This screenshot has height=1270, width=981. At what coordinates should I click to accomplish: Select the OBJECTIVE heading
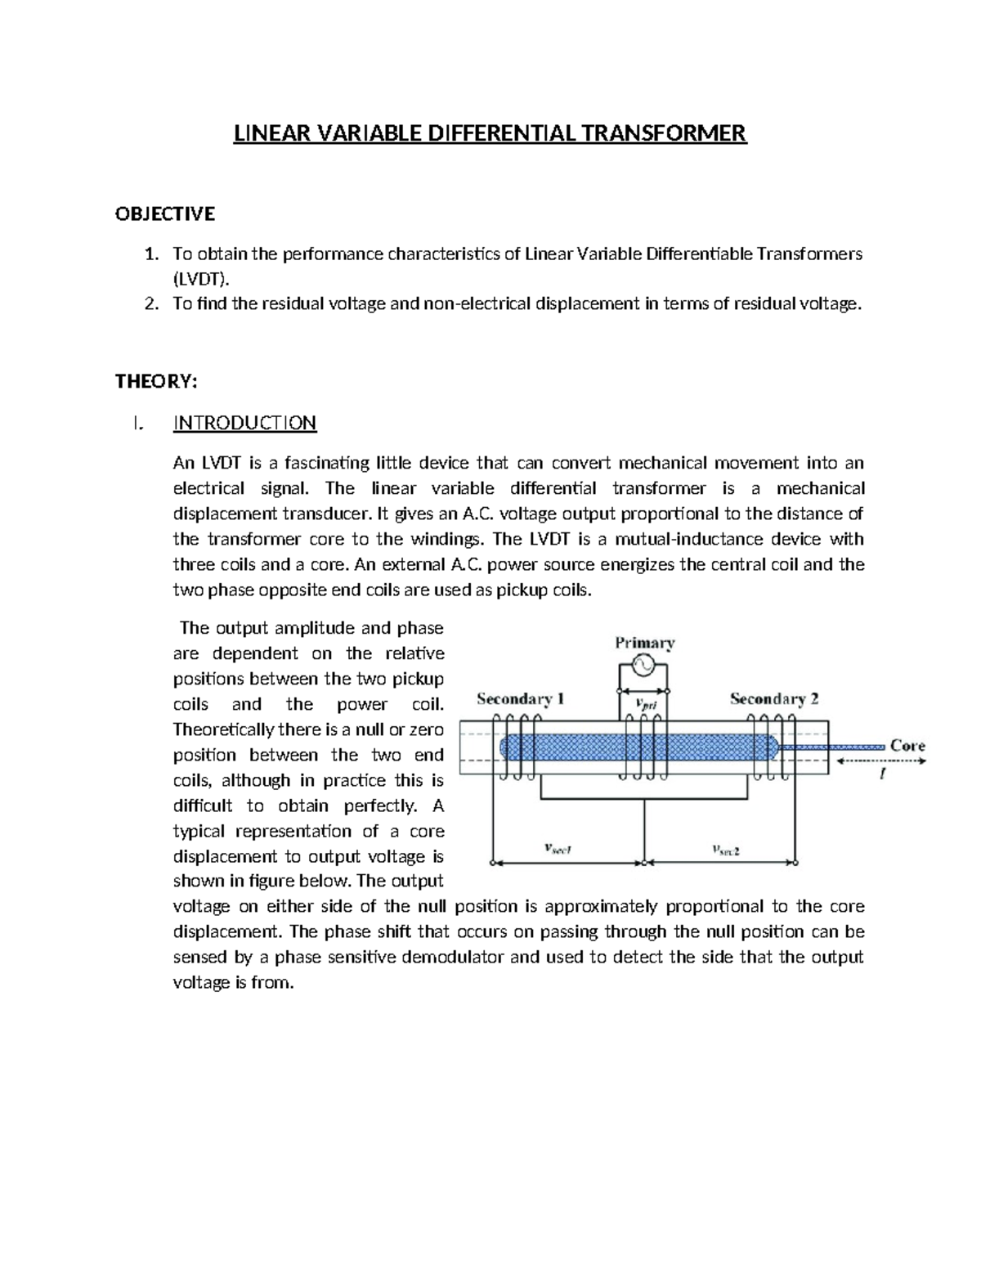tap(165, 214)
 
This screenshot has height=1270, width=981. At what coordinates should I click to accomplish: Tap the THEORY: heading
tap(156, 382)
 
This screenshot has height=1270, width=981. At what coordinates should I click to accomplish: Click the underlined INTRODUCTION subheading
tap(244, 423)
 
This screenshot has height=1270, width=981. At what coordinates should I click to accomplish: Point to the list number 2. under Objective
tap(150, 304)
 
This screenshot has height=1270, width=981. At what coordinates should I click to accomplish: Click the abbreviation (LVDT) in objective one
tap(196, 279)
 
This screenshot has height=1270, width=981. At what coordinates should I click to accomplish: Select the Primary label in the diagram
tap(644, 643)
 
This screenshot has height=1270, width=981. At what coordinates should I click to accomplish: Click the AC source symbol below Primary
tap(643, 666)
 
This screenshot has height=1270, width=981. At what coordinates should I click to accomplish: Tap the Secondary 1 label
tap(520, 699)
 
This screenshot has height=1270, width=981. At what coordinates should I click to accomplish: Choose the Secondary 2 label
tap(773, 699)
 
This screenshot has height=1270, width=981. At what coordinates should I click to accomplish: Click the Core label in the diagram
tap(907, 745)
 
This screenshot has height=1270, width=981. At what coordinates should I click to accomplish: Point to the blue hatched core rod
tap(638, 746)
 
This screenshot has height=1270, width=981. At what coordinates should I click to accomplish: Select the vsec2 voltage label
tap(724, 850)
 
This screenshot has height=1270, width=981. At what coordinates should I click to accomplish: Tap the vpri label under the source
tap(645, 702)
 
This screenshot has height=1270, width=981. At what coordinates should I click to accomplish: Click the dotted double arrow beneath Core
tap(880, 761)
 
